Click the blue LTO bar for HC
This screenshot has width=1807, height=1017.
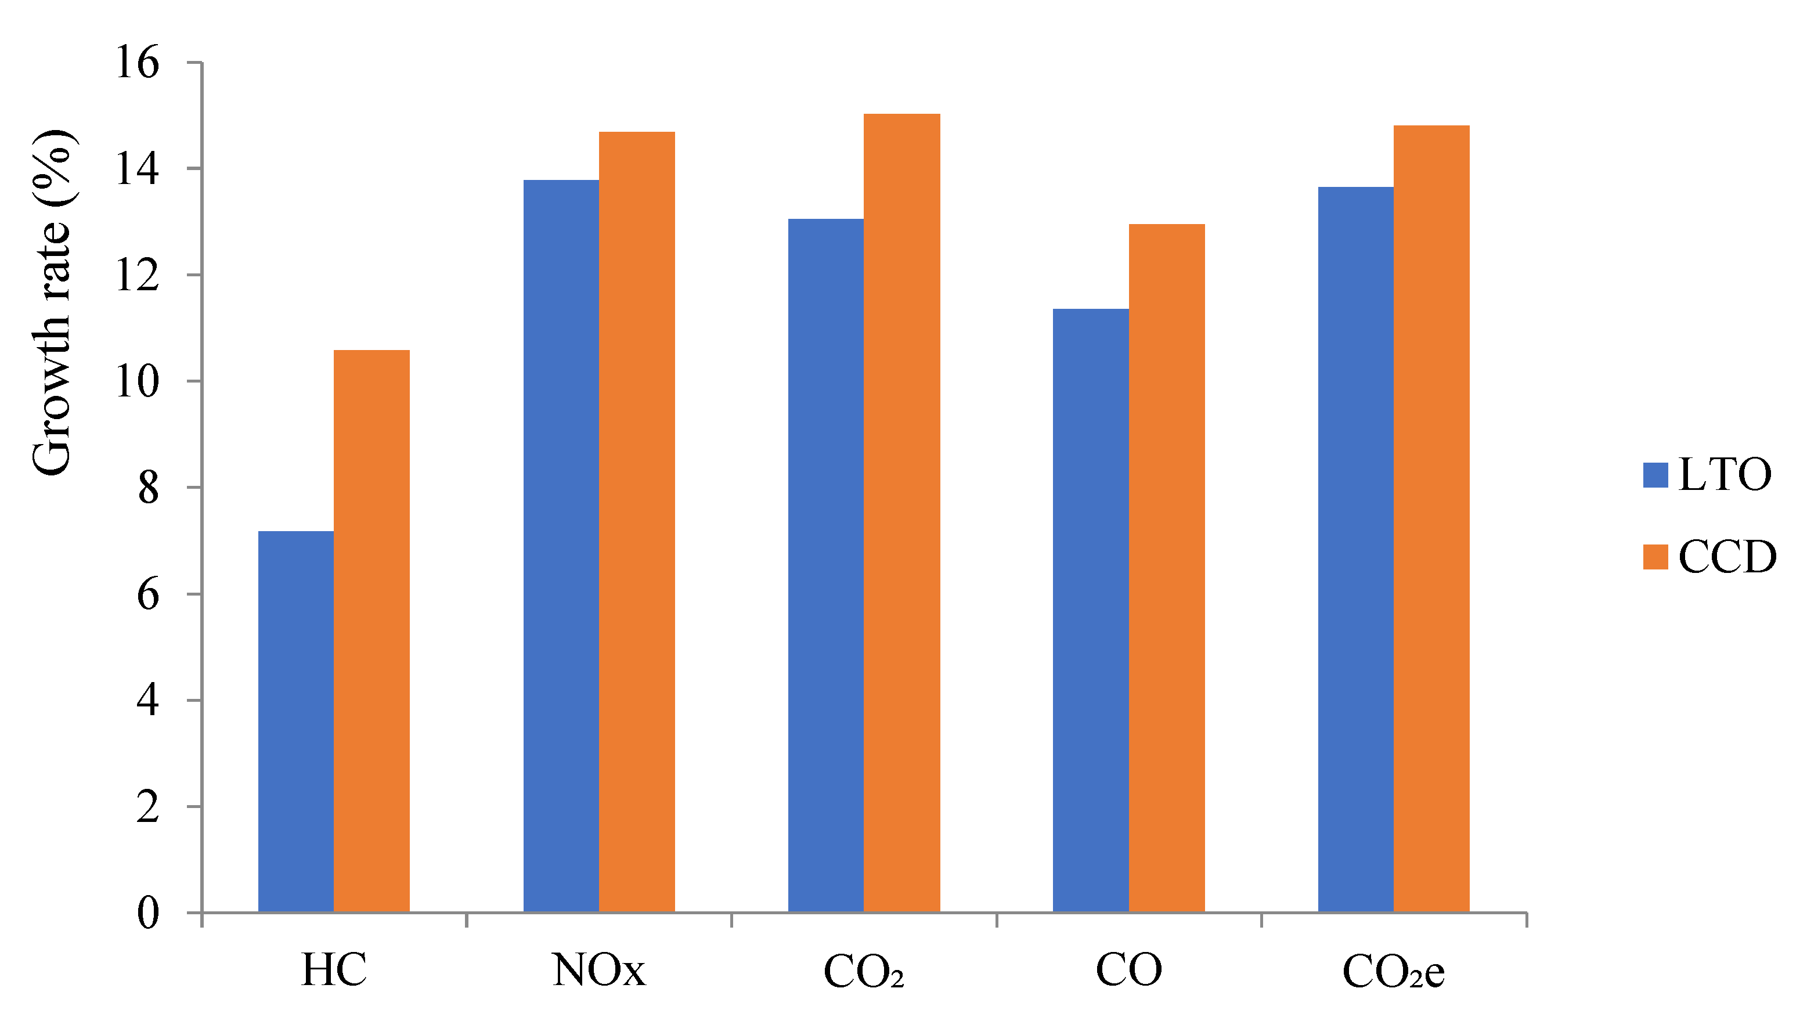click(295, 723)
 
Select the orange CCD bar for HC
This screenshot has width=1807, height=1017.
click(371, 631)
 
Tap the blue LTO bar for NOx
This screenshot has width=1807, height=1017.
click(561, 547)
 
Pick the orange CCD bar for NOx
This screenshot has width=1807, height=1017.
click(636, 522)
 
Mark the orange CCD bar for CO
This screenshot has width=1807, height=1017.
click(1167, 568)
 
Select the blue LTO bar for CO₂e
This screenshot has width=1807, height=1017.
click(1355, 550)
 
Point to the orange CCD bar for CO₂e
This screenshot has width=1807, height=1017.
click(1431, 519)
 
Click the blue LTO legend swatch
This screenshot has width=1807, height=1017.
click(1655, 475)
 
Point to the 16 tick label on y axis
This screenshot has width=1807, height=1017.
click(138, 64)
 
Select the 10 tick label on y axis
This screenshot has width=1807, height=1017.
click(138, 383)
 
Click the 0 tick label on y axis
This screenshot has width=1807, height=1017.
click(147, 914)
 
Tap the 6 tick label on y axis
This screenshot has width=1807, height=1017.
click(147, 596)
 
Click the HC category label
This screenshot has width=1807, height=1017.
click(333, 971)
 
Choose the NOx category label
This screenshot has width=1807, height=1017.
click(598, 971)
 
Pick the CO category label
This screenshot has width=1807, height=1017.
click(1128, 971)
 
